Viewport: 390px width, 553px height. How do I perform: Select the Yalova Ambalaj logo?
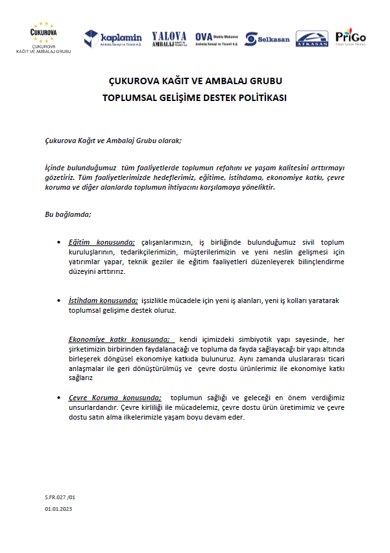pos(169,39)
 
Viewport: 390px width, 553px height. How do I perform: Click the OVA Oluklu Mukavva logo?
pos(217,39)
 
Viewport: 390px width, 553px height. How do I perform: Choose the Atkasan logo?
pos(312,39)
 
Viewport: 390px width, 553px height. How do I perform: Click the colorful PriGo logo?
pos(350,38)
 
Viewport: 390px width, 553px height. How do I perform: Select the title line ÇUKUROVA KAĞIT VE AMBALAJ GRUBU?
pos(195,83)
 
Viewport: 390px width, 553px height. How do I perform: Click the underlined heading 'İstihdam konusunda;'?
pos(104,301)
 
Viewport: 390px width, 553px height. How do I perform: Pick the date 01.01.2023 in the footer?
pos(58,510)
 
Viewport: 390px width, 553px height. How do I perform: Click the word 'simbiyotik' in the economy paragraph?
pos(262,339)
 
